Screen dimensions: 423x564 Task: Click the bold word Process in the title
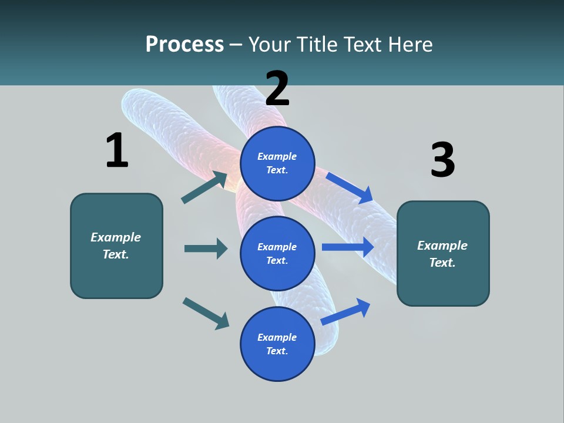[x=184, y=44]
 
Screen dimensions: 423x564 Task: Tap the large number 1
[x=116, y=150]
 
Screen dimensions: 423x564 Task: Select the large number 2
[x=277, y=88]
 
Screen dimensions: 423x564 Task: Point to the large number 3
[x=442, y=160]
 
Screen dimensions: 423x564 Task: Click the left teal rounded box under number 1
[x=116, y=246]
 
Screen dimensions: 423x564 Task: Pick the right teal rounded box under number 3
[x=443, y=254]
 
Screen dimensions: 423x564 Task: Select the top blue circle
[x=277, y=163]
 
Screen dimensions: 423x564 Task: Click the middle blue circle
[x=277, y=253]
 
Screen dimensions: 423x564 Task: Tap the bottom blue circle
[x=277, y=344]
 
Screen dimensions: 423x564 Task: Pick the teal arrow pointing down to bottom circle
[x=206, y=313]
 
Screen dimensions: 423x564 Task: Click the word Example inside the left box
[x=116, y=237]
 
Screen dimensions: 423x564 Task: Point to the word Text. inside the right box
[x=442, y=263]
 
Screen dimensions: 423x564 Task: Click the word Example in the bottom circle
[x=277, y=337]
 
